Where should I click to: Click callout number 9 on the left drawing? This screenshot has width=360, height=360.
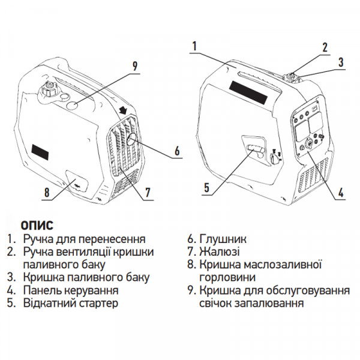135,65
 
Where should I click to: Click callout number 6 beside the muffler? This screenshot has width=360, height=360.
178,152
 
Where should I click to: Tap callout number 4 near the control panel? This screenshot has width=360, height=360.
340,193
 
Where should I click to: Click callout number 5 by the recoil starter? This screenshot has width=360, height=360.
206,187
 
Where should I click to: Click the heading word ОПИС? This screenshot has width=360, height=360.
37,225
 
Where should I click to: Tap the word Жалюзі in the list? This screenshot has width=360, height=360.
219,251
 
